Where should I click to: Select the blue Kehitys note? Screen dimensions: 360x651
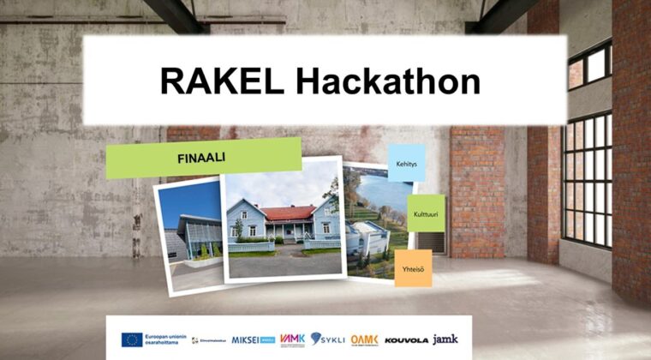406,163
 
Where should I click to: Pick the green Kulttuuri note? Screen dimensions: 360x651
425,213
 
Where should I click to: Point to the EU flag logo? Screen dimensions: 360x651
132,339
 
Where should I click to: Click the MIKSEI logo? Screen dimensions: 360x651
253,339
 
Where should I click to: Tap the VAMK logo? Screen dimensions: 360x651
292,339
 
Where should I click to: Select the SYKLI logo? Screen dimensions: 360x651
328,339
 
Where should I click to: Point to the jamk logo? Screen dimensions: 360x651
445,339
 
